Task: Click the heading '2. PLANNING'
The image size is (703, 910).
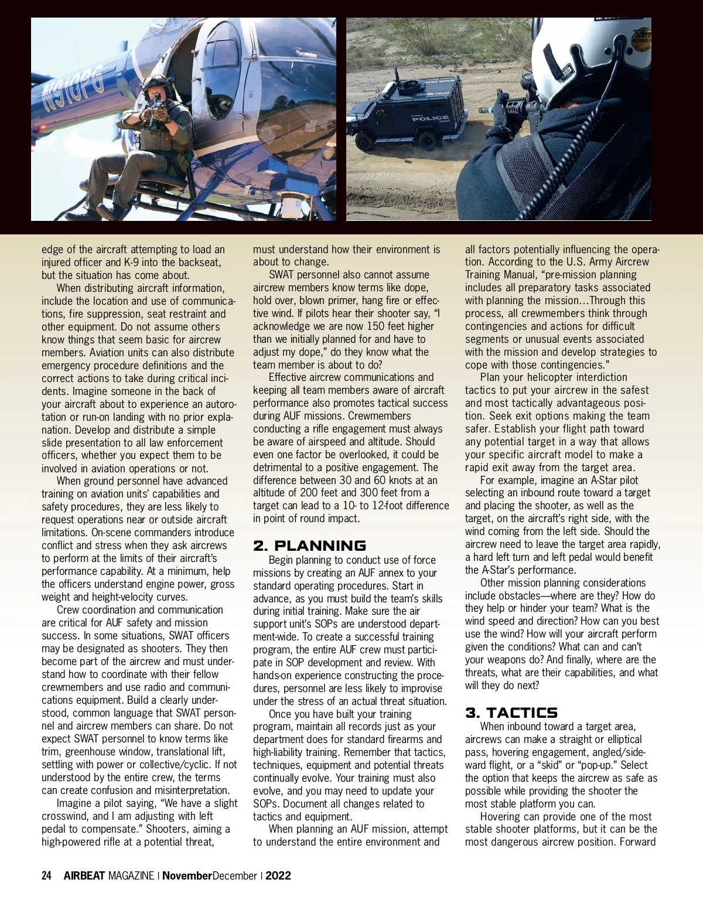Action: (x=309, y=546)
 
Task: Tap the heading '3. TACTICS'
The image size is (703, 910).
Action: (x=511, y=713)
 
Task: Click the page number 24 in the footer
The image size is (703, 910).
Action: (x=47, y=876)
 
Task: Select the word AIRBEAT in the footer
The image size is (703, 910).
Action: (x=84, y=876)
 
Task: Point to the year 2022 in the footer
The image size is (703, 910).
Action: (x=278, y=876)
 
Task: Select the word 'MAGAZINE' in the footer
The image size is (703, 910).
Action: (x=131, y=876)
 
